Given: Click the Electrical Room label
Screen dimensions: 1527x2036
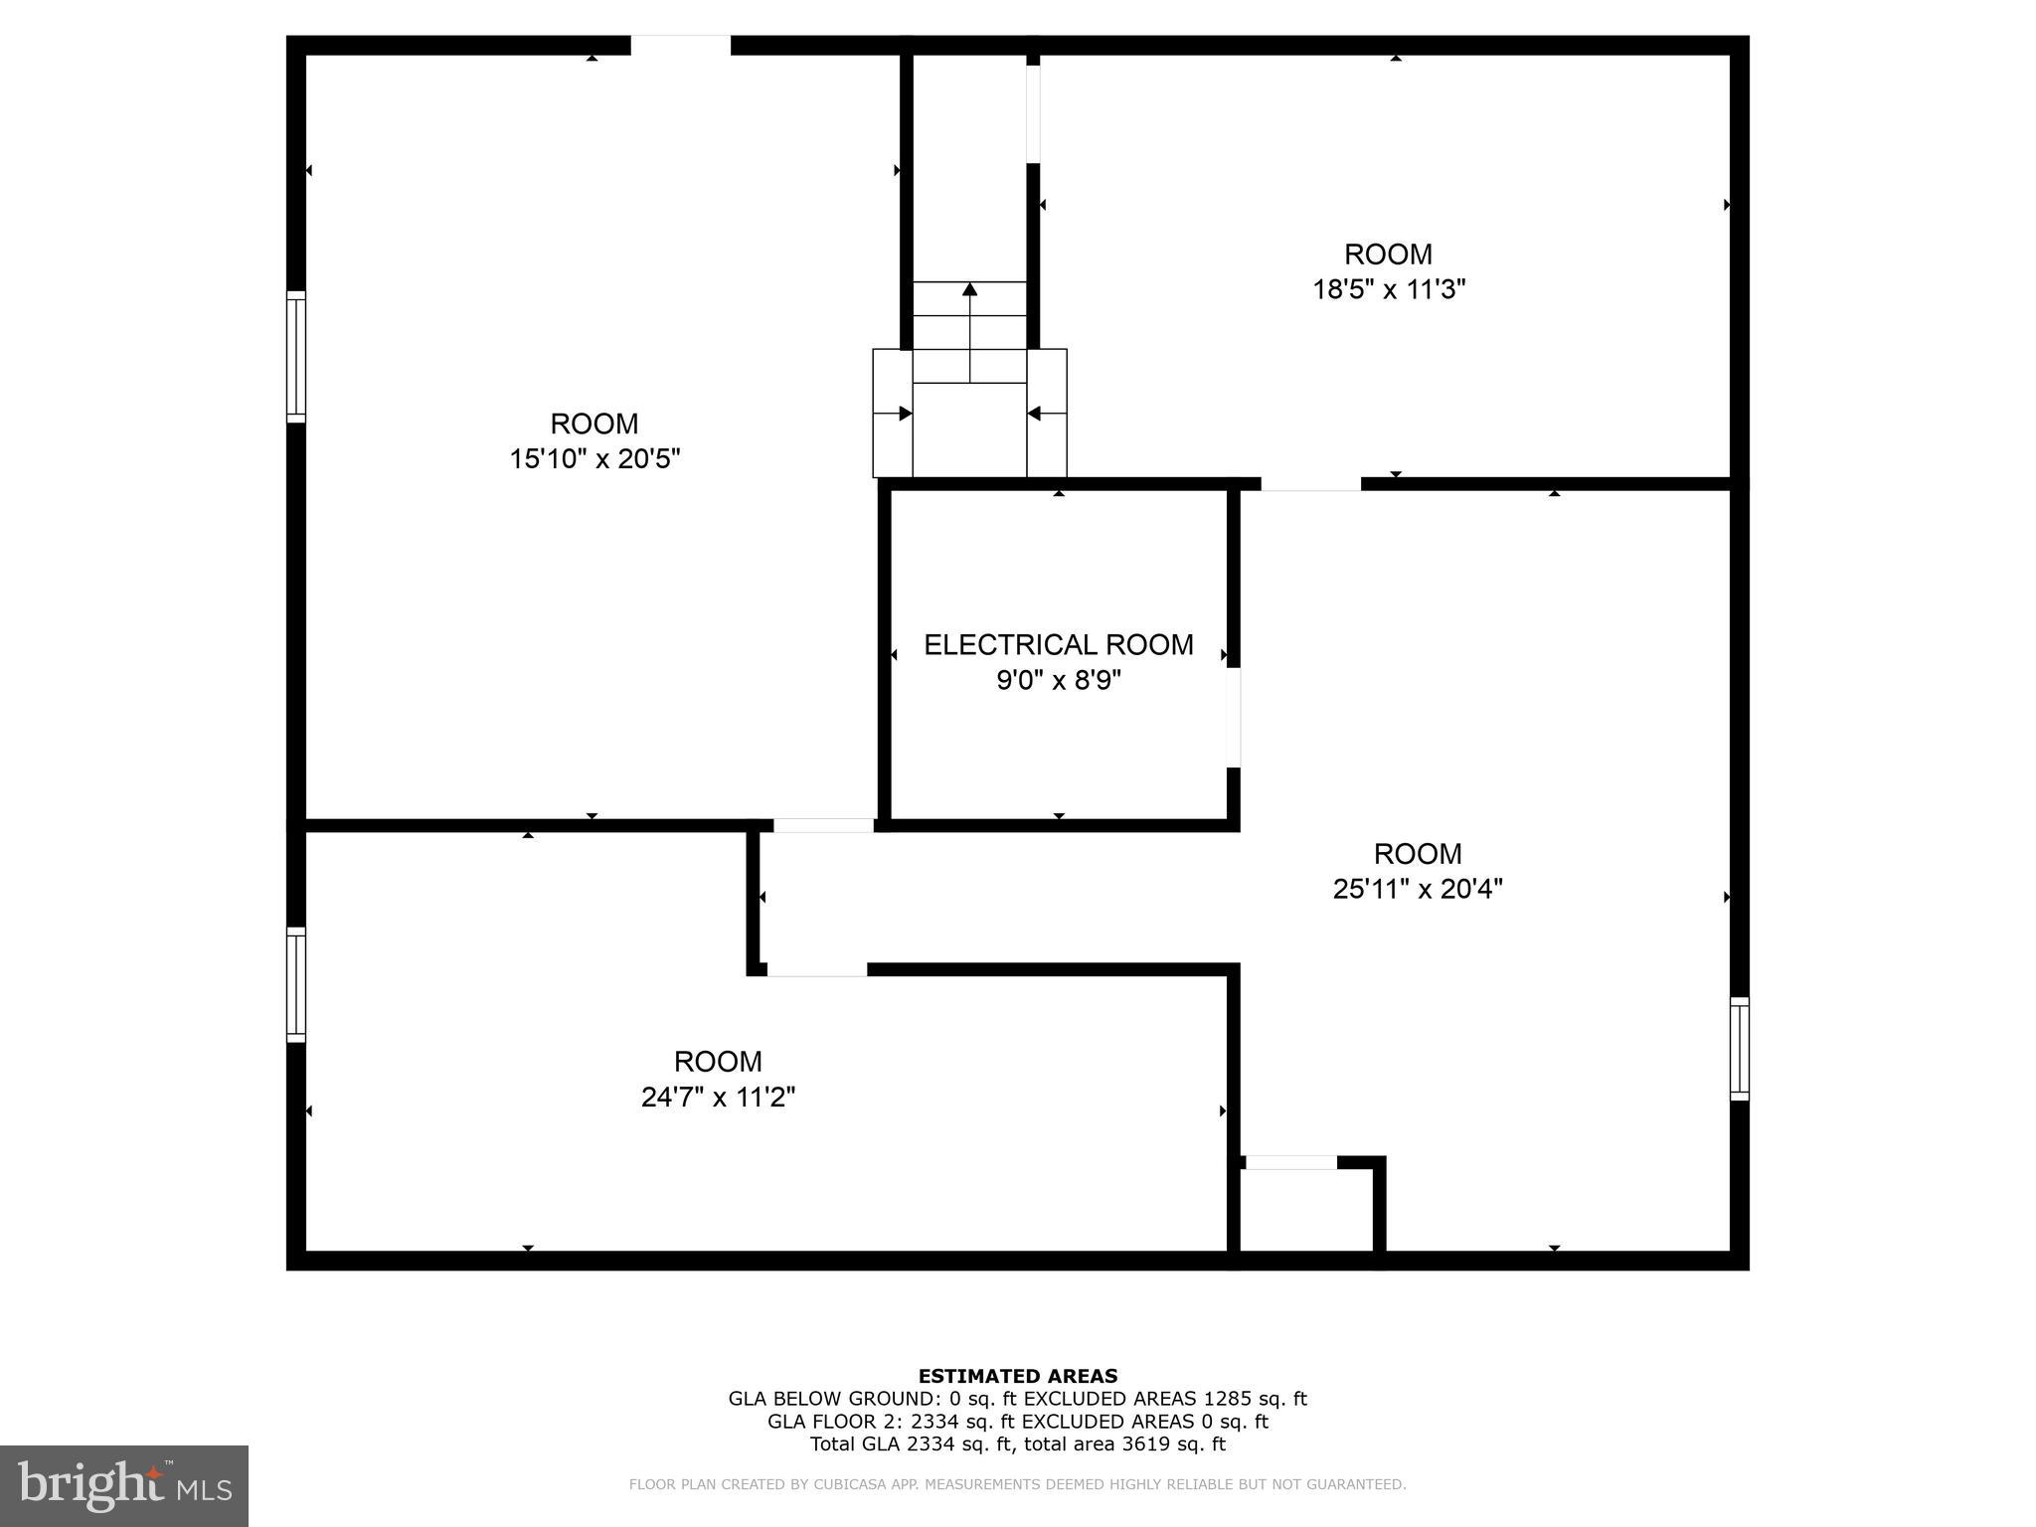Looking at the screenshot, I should (x=1059, y=645).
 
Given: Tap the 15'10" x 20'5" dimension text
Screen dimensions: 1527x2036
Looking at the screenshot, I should (x=594, y=459).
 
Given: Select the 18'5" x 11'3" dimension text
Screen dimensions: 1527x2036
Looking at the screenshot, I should (x=1389, y=289).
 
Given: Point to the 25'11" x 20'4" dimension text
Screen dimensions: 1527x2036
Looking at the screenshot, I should (x=1417, y=889).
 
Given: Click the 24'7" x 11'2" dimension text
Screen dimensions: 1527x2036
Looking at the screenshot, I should (x=718, y=1098).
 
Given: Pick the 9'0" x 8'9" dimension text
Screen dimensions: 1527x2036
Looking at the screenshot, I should (x=1059, y=681).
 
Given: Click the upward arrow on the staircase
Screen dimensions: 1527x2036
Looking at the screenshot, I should (x=969, y=289).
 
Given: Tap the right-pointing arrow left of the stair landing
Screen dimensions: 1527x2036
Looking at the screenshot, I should (x=904, y=414).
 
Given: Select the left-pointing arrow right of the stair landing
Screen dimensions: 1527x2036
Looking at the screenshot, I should (x=1035, y=414).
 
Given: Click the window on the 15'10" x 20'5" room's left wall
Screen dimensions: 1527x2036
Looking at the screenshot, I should (x=296, y=356).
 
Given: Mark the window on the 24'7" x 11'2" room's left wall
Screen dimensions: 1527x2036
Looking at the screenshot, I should (x=296, y=984).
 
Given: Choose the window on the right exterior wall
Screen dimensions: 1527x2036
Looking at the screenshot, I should (x=1739, y=1048).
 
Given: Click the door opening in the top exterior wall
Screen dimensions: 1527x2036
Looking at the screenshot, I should (x=681, y=46).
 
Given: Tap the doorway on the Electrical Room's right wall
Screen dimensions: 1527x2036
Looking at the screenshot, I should (x=1233, y=717).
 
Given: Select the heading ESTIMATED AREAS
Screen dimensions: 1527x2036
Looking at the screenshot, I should (x=1018, y=1376).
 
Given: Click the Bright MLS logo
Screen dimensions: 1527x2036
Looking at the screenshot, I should (x=123, y=1485).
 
